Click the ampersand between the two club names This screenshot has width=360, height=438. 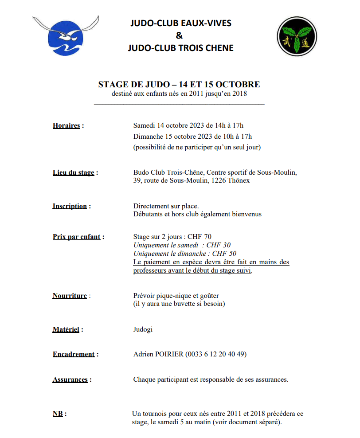click(x=179, y=35)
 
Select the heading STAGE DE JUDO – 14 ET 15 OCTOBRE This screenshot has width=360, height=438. click(x=179, y=84)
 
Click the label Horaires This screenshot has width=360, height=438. click(x=67, y=125)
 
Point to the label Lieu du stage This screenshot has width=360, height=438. click(x=74, y=172)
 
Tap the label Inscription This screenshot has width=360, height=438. click(x=70, y=206)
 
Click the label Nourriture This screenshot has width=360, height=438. click(x=70, y=296)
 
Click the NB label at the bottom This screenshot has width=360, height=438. click(x=58, y=414)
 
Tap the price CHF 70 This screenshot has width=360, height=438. click(x=203, y=237)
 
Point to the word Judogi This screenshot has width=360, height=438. click(x=143, y=329)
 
